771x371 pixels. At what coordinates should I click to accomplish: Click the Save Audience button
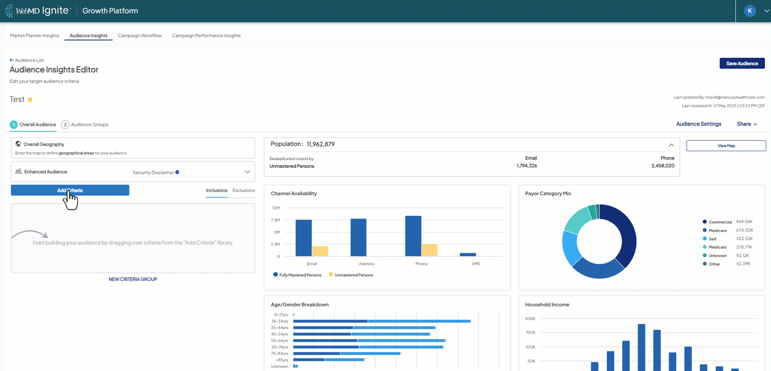tap(742, 63)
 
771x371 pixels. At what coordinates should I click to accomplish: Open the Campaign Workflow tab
tap(139, 36)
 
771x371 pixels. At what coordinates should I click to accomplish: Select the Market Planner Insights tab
tap(34, 36)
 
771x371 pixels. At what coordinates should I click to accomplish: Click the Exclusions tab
tap(243, 190)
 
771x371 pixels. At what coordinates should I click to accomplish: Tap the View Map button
tap(726, 146)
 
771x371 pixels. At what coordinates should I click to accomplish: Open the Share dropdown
tap(746, 124)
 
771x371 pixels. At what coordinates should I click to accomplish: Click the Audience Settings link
tap(699, 124)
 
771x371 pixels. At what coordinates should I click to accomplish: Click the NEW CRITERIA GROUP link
tap(133, 279)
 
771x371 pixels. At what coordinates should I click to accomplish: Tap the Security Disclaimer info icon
tap(177, 172)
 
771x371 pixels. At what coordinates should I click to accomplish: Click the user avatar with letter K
tap(750, 11)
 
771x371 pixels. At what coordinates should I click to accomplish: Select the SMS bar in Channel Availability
tap(468, 255)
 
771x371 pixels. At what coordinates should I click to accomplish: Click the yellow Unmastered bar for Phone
tap(429, 250)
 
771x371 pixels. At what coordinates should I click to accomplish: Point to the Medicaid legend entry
tap(717, 247)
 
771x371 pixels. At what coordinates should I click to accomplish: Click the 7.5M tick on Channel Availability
tap(275, 220)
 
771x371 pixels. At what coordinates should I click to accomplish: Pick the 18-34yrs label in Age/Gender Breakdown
tap(280, 321)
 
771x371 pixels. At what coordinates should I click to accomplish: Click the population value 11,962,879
tap(320, 144)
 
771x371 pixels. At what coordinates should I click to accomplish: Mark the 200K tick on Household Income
tap(530, 319)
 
